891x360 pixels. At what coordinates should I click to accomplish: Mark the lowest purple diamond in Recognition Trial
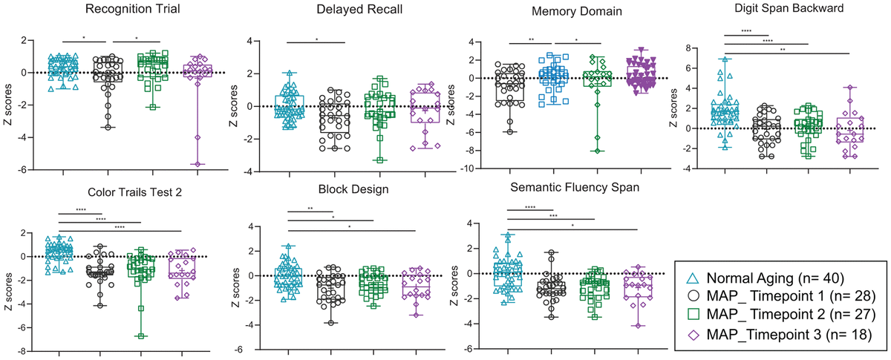point(198,163)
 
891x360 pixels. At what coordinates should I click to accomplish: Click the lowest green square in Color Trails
point(140,336)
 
